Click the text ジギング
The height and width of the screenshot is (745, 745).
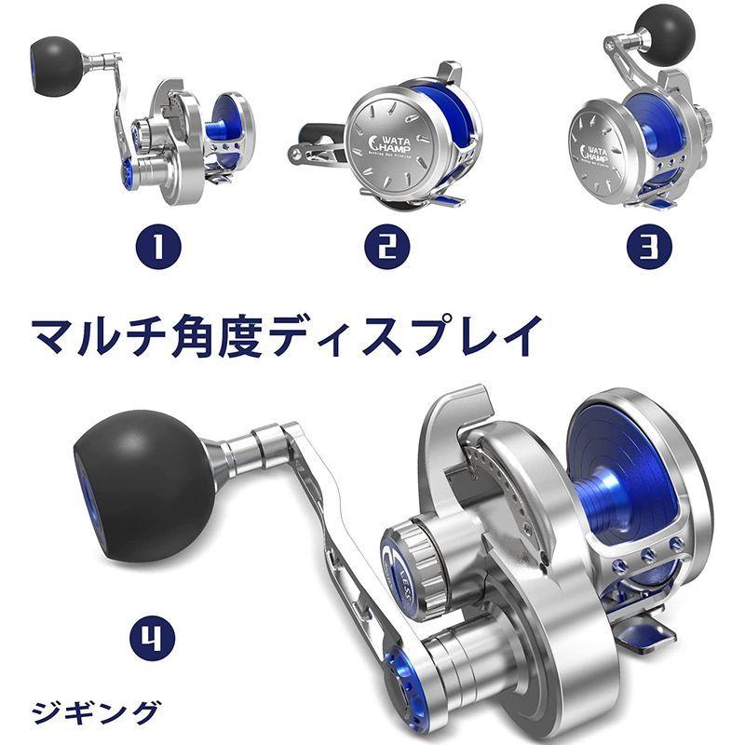[94, 713]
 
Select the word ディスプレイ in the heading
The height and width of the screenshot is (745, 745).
[418, 333]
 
